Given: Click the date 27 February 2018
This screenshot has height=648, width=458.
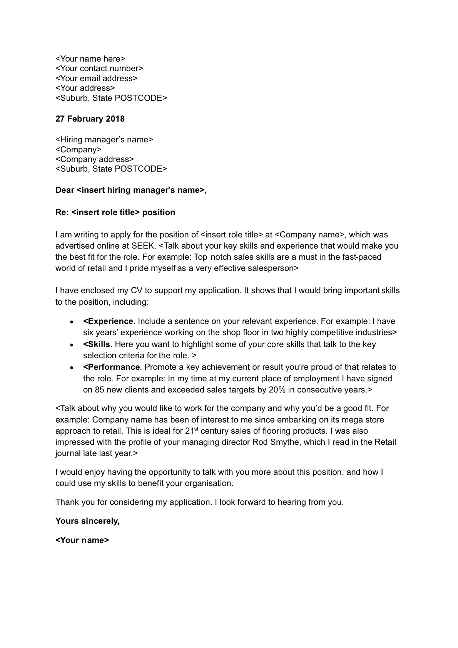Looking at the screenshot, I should [90, 119].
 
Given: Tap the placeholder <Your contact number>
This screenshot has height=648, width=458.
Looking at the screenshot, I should [99, 68].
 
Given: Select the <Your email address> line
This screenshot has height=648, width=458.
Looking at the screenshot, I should [97, 78].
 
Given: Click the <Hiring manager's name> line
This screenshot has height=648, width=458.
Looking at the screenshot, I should [104, 140].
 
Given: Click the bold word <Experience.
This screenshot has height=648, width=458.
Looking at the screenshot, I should [109, 321].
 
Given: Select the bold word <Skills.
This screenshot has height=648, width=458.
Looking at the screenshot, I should [98, 344].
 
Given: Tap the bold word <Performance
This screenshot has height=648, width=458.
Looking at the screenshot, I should [111, 367].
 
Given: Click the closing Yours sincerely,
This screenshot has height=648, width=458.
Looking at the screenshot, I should [88, 521].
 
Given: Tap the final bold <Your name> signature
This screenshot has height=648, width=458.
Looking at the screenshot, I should [82, 540].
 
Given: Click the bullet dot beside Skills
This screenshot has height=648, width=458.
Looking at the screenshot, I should [72, 345].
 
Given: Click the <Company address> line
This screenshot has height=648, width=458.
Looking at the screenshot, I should [95, 159].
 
